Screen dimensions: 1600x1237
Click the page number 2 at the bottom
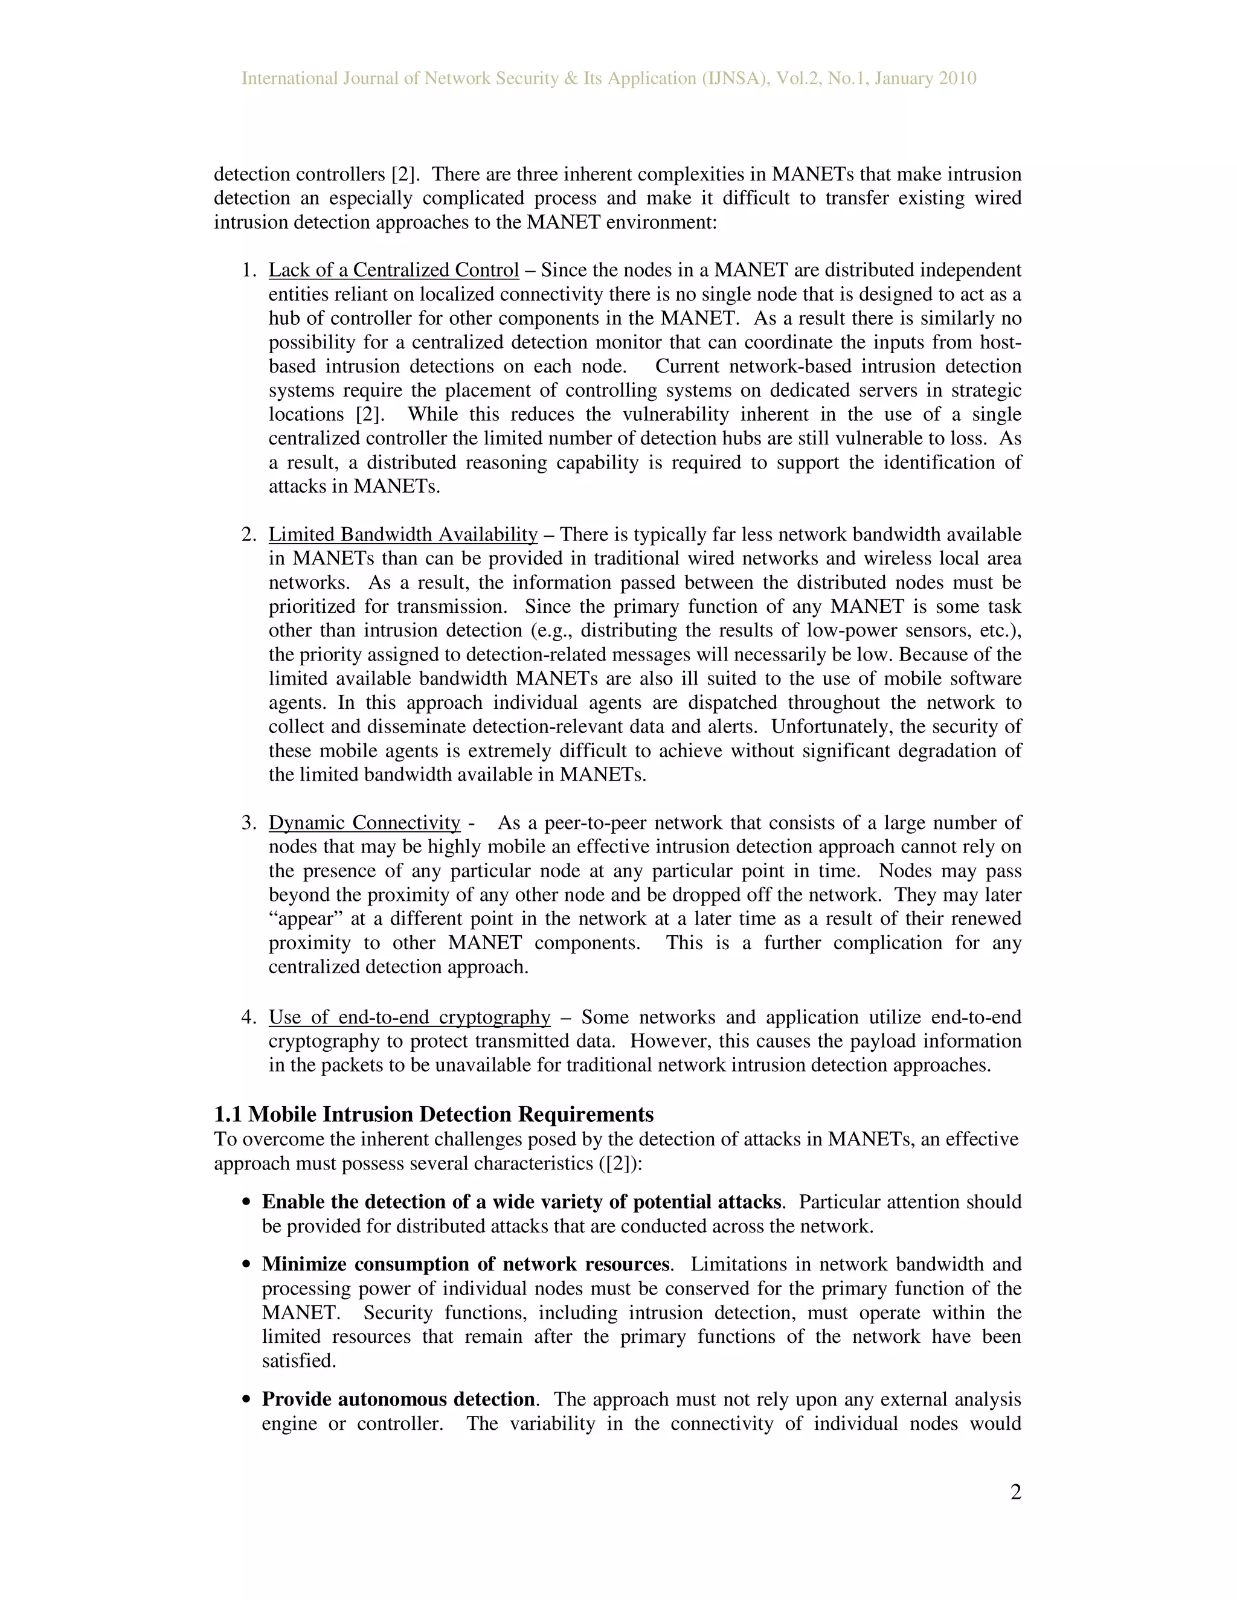pyautogui.click(x=1015, y=1493)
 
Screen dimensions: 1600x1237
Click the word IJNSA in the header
pyautogui.click(x=734, y=78)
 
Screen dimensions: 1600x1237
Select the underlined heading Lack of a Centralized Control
pyautogui.click(x=394, y=270)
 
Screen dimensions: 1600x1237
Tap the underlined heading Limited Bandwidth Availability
pyautogui.click(x=403, y=535)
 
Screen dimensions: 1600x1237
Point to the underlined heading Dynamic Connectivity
pyautogui.click(x=364, y=823)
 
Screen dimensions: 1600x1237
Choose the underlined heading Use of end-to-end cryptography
pyautogui.click(x=409, y=1017)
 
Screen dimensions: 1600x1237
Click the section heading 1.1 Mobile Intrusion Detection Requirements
pyautogui.click(x=433, y=1115)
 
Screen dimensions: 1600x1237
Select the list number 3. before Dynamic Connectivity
pyautogui.click(x=248, y=823)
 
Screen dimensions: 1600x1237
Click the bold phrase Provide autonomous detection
pyautogui.click(x=398, y=1400)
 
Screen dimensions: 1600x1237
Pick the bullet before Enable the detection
pyautogui.click(x=247, y=1203)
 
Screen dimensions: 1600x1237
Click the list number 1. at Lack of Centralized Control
pyautogui.click(x=248, y=270)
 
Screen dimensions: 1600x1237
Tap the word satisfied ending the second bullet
pyautogui.click(x=298, y=1360)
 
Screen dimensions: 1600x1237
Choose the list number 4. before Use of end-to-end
pyautogui.click(x=248, y=1017)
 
